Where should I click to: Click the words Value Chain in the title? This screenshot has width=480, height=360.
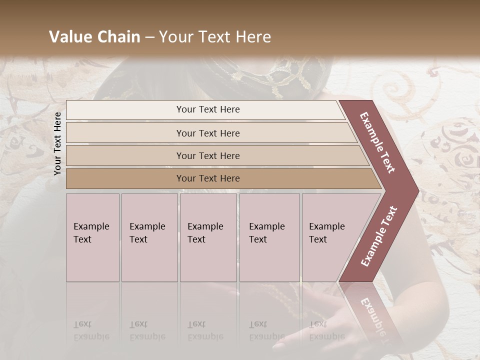94,37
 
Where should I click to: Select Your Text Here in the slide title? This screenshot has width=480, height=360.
215,37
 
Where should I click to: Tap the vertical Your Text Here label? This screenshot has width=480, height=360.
57,143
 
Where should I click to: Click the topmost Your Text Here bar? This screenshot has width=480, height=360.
207,109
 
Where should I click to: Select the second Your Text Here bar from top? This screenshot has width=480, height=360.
207,133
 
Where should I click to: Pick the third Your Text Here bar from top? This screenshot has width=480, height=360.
207,155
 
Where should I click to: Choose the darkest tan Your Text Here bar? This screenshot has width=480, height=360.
207,178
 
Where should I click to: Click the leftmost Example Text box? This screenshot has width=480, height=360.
92,237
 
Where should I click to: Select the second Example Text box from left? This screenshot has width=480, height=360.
149,237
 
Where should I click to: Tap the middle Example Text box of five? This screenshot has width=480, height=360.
208,237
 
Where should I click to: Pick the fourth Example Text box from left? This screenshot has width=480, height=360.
269,237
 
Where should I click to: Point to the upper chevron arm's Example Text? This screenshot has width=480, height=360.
377,142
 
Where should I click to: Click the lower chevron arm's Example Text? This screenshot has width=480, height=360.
378,236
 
